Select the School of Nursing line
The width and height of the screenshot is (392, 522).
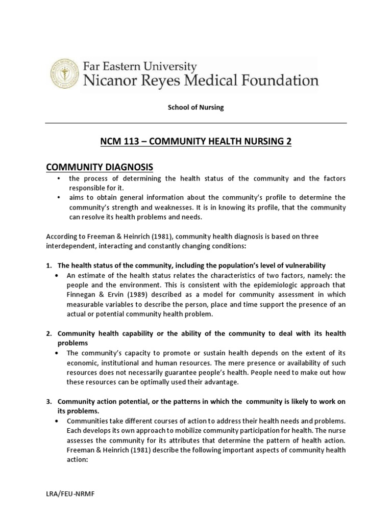tap(196, 108)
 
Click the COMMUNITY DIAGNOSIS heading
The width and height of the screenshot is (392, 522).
tap(99, 167)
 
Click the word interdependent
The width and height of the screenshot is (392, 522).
tap(68, 246)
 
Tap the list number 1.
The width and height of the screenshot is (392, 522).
tap(48, 266)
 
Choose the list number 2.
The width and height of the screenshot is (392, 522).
tap(48, 333)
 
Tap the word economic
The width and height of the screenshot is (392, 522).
tap(82, 362)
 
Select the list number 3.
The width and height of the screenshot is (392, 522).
tap(48, 402)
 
